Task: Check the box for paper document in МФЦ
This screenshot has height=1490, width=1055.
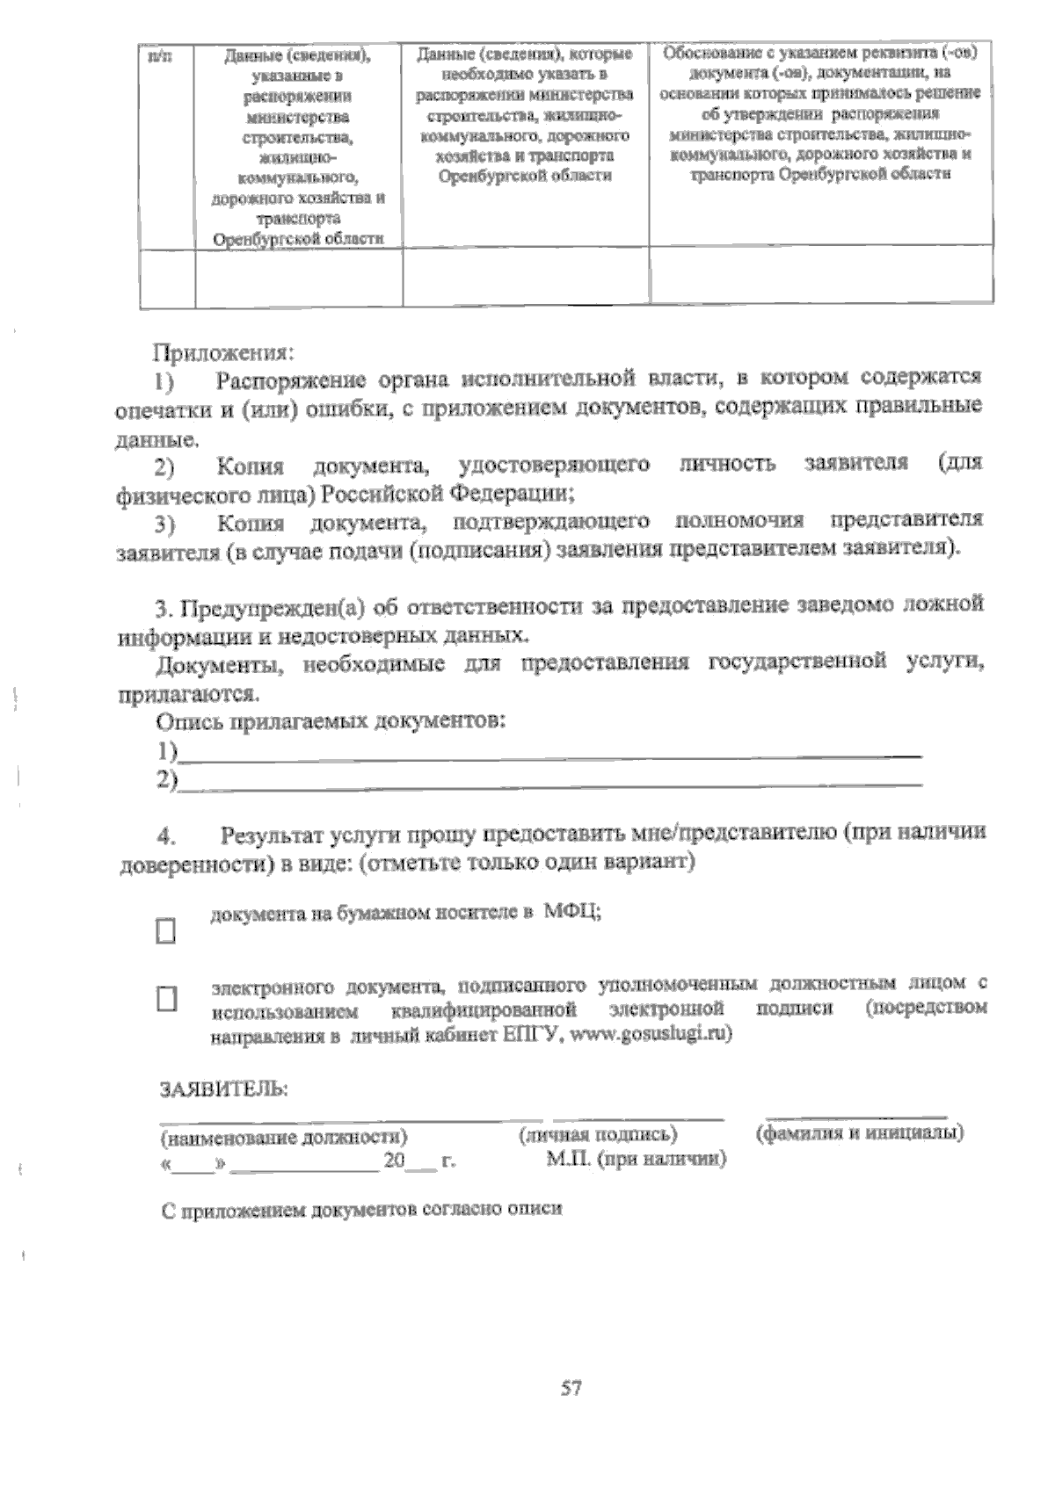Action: [165, 930]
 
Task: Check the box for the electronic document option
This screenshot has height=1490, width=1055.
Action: [166, 999]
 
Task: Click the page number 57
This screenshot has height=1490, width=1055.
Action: [571, 1389]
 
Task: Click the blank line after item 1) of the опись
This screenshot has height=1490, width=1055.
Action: [549, 752]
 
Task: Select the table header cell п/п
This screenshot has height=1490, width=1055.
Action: [160, 57]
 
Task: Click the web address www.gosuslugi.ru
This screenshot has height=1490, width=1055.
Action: [651, 1034]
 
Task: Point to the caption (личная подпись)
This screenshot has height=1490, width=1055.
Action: [598, 1134]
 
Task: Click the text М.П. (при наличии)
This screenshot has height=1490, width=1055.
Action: [636, 1160]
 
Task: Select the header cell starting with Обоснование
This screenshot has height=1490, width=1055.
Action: [821, 112]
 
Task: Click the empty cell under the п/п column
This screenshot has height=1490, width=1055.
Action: [168, 278]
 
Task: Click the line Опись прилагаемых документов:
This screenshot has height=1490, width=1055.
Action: [331, 722]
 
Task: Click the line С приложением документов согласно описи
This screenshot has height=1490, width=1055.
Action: [361, 1209]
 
